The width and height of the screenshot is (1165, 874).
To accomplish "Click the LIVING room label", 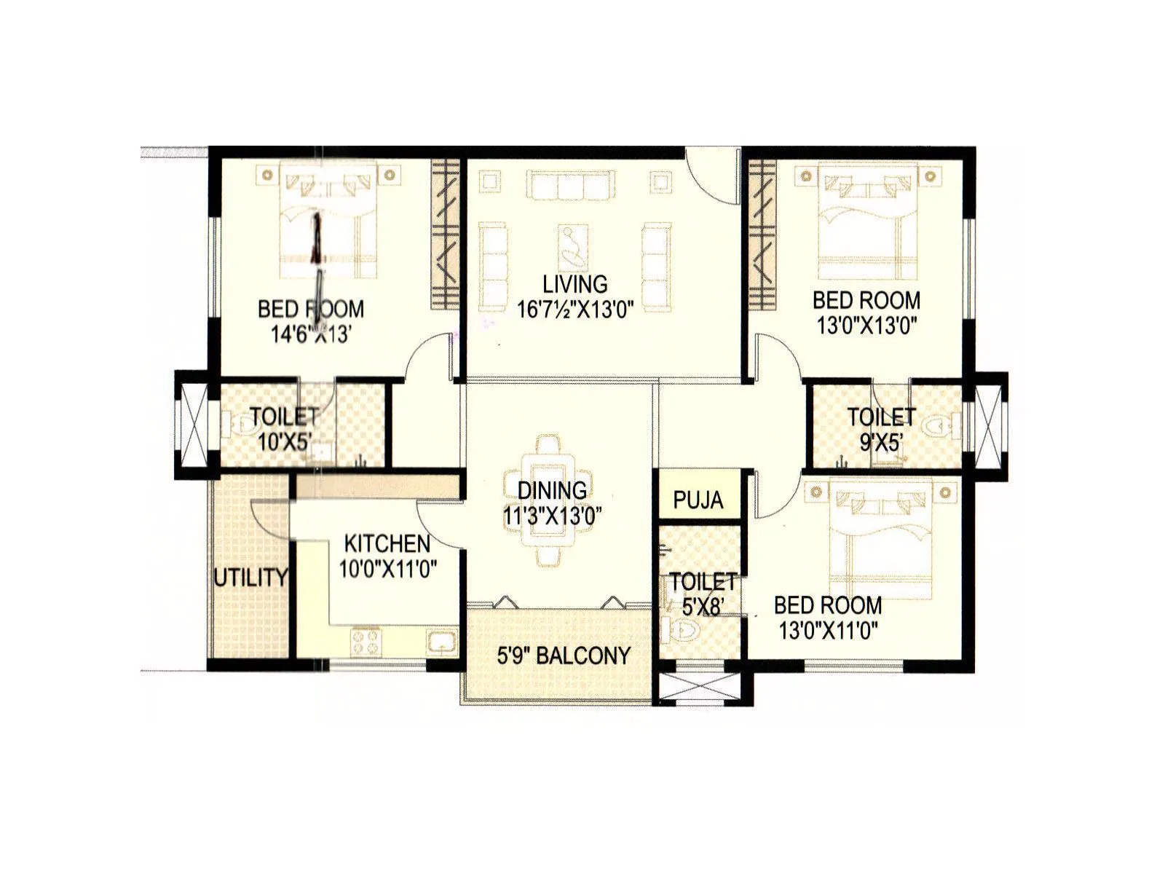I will [574, 284].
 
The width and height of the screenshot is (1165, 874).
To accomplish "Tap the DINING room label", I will [552, 490].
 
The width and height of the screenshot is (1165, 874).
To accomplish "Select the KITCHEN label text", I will [387, 543].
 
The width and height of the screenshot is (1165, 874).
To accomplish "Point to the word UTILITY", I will [250, 578].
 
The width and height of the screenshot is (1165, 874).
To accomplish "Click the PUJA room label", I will [698, 500].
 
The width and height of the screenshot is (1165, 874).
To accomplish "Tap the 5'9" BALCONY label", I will [564, 655].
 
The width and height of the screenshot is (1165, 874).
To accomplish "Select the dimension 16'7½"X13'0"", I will [575, 309].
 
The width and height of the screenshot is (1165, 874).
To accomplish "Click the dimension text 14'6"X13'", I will [311, 334].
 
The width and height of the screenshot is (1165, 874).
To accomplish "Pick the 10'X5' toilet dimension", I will [285, 441].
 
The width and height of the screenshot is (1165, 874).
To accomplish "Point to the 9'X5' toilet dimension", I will [881, 441].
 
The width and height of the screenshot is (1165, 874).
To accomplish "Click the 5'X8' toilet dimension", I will [702, 606].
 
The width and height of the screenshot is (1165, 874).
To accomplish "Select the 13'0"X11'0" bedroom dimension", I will [828, 630].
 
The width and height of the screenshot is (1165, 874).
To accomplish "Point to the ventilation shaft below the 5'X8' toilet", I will [698, 686].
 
